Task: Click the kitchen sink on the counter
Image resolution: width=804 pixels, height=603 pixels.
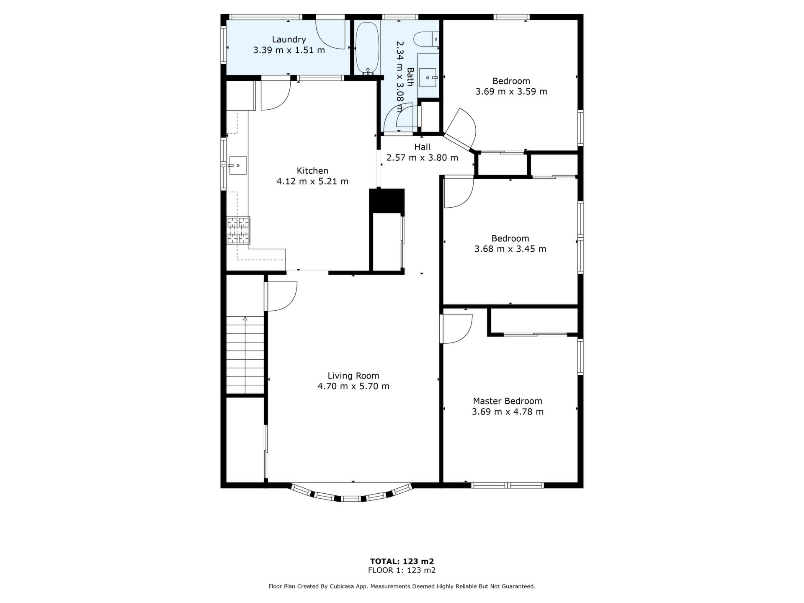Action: (237, 165)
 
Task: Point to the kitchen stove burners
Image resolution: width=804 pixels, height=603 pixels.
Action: (238, 230)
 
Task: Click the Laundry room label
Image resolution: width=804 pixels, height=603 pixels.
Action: (289, 39)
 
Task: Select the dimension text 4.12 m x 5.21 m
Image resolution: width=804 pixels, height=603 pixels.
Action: (312, 181)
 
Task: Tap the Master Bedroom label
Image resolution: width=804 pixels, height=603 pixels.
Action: (508, 401)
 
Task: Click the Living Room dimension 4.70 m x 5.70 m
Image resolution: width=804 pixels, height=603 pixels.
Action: (353, 386)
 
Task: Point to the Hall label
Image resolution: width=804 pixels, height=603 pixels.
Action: (422, 147)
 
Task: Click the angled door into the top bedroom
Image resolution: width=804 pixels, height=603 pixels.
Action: (461, 130)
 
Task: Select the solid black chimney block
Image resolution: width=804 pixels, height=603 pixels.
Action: (387, 201)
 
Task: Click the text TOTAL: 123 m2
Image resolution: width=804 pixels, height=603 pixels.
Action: (402, 561)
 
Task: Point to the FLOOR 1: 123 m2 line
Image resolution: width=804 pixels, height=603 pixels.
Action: (402, 570)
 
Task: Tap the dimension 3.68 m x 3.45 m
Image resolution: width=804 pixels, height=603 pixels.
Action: (510, 249)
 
